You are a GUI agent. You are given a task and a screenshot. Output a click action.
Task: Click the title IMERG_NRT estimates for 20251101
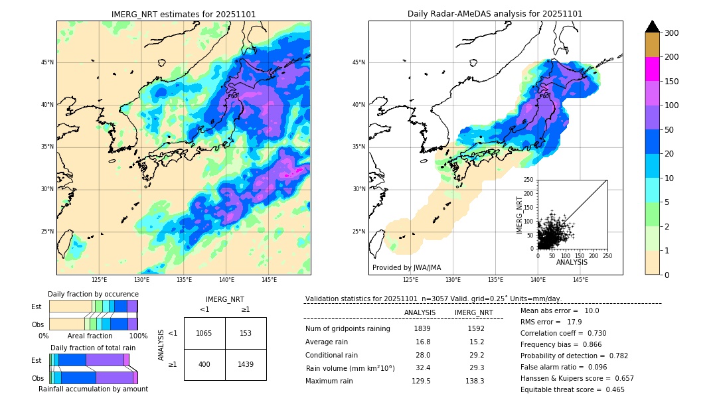pyautogui.click(x=183, y=14)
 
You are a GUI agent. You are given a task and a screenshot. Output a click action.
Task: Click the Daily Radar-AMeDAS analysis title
pyautogui.click(x=495, y=14)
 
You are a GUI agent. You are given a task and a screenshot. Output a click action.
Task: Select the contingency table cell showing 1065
pyautogui.click(x=204, y=333)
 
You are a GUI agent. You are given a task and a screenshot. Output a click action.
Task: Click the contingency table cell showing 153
pyautogui.click(x=246, y=333)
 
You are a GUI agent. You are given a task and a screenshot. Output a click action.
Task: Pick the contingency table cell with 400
pyautogui.click(x=204, y=364)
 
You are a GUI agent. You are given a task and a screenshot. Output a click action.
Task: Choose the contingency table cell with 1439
pyautogui.click(x=246, y=364)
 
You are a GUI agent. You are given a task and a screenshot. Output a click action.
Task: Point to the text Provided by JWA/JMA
pyautogui.click(x=406, y=267)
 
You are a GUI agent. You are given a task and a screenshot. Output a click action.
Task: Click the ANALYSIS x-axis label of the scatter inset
pyautogui.click(x=572, y=262)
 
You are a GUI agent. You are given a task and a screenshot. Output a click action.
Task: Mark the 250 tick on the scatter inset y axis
pyautogui.click(x=529, y=180)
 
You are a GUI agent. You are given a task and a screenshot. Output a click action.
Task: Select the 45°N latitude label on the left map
pyautogui.click(x=47, y=63)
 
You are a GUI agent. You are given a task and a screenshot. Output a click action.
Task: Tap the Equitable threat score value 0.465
pyautogui.click(x=611, y=389)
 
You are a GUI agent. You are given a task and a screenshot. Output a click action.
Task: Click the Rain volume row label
pyautogui.click(x=350, y=368)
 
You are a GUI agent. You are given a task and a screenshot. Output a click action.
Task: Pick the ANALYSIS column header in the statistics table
pyautogui.click(x=420, y=312)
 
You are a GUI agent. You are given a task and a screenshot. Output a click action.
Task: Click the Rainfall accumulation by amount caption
pyautogui.click(x=93, y=389)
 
